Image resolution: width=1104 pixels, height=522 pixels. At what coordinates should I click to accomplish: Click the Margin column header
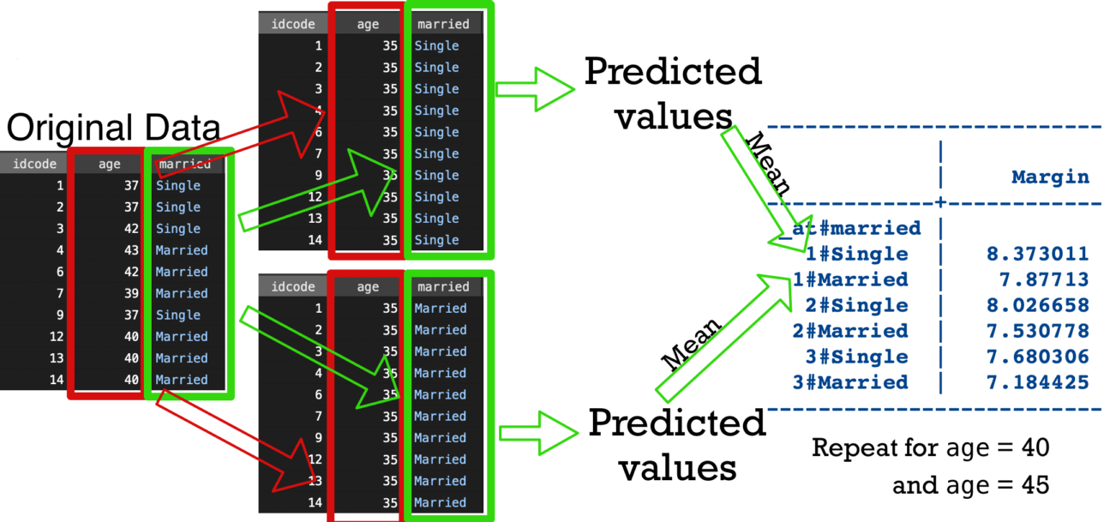(x=1050, y=177)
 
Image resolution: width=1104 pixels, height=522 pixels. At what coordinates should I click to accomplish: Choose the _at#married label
(x=849, y=228)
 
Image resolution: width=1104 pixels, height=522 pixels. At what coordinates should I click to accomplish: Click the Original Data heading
(x=113, y=129)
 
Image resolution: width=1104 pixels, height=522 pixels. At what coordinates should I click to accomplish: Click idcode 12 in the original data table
(x=53, y=337)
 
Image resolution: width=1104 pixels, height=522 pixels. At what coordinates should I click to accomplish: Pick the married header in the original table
(x=184, y=164)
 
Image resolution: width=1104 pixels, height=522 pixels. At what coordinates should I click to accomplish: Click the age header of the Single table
(x=368, y=25)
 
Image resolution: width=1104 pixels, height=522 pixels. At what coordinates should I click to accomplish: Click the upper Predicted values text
(x=672, y=92)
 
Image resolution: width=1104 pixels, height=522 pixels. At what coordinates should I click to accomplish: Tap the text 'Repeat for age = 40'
(x=930, y=447)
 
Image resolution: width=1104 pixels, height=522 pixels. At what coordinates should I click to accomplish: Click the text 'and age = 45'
(x=970, y=485)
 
